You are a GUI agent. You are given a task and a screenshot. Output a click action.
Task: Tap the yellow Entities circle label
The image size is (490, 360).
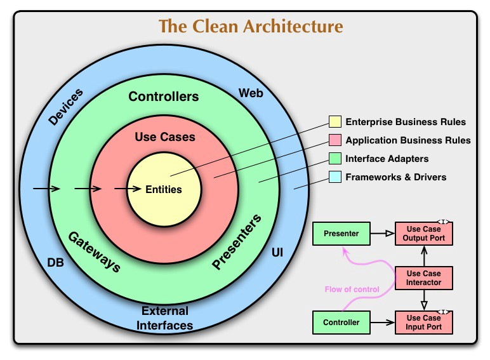tap(164, 189)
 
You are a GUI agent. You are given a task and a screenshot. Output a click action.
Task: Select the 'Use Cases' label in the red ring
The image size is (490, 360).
tap(165, 137)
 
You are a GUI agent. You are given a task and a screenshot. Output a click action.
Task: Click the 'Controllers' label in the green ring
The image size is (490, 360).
tap(164, 97)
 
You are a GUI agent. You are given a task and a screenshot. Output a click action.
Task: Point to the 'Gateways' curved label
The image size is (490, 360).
tap(94, 251)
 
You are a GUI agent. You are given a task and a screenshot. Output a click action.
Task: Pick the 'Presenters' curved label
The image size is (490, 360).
tap(236, 243)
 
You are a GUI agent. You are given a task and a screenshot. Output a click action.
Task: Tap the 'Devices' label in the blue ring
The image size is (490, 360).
tap(65, 107)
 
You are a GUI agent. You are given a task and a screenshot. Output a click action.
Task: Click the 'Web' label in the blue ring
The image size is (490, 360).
tap(251, 93)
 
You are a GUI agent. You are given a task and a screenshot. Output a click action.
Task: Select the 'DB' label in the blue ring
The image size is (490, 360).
tap(55, 262)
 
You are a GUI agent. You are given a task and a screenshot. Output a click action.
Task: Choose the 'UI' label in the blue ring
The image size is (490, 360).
tap(277, 253)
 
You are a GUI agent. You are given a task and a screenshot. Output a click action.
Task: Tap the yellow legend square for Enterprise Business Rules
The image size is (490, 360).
tap(335, 122)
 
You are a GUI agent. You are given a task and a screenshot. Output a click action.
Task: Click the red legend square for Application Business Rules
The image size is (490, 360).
tap(335, 140)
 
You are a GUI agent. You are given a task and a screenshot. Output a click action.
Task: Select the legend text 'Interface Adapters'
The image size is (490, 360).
tap(387, 159)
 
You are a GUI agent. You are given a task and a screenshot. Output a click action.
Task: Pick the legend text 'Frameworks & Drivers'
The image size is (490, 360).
tap(395, 177)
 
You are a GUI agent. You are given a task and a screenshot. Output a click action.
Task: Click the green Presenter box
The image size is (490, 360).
tap(341, 234)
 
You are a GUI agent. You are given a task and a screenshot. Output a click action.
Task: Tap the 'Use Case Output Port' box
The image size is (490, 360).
tap(424, 234)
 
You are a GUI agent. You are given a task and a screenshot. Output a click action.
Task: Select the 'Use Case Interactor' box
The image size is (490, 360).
tap(424, 277)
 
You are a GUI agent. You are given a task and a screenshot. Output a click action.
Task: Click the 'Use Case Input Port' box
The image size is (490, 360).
tap(424, 323)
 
